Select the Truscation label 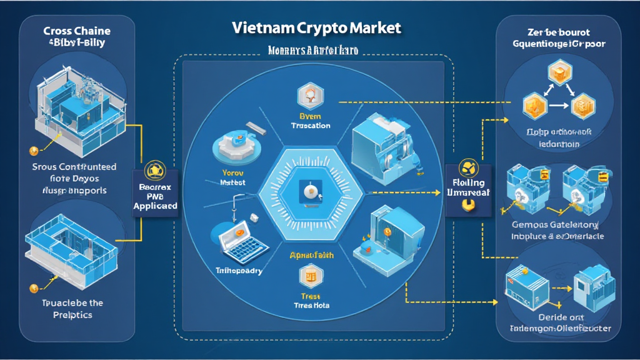coord(311,125)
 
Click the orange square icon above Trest coord(311,273)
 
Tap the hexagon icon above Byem coord(311,95)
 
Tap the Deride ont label coord(559,317)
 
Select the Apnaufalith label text coord(311,256)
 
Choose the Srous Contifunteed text coord(74,167)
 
